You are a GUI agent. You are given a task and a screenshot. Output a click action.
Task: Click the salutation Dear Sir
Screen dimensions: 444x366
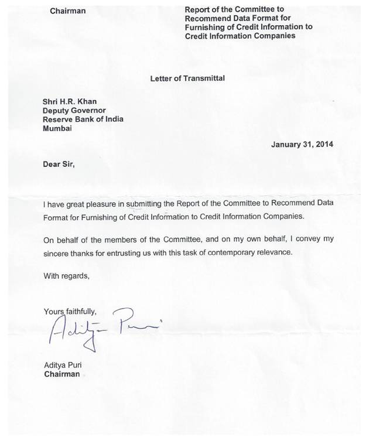pos(59,164)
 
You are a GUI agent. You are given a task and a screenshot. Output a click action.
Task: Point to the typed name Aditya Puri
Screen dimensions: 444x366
pos(64,366)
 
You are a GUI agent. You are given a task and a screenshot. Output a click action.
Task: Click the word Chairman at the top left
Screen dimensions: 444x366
pos(67,11)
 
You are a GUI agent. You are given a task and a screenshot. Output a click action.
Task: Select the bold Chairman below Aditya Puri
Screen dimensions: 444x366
pos(62,374)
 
